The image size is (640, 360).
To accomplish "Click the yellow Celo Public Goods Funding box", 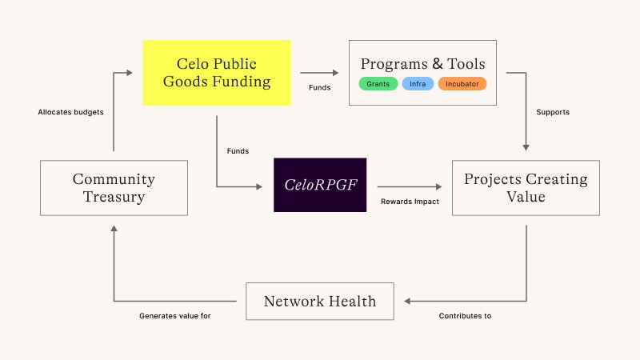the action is tap(216, 73).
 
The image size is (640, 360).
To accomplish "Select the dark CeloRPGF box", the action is tap(320, 185).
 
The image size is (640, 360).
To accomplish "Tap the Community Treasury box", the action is tap(114, 188).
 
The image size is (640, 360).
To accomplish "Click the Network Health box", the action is tap(320, 302).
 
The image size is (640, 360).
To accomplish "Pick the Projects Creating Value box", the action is tap(526, 188).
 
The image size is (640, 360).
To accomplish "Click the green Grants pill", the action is tap(378, 84).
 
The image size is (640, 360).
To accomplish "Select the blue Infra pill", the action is tap(418, 84).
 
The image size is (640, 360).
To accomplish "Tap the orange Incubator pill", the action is tap(462, 84).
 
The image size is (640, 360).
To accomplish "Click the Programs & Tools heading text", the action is tap(423, 64).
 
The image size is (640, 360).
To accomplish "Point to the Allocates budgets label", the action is tap(70, 112).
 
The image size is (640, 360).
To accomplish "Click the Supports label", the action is tap(553, 112).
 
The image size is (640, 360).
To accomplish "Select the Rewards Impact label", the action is tap(410, 202).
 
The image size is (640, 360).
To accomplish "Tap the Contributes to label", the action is tap(465, 316).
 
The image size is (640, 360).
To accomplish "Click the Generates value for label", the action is tap(174, 316).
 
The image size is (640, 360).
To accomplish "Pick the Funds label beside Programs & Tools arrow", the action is tap(319, 87).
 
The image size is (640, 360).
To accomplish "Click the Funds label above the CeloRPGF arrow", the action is tap(238, 151).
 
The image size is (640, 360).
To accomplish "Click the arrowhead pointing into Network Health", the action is tap(407, 302).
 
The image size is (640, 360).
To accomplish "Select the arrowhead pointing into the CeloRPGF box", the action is tap(259, 186).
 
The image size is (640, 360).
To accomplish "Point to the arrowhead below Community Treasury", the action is tap(114, 229).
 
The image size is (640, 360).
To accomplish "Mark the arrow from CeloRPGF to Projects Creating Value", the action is tap(410, 186).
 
